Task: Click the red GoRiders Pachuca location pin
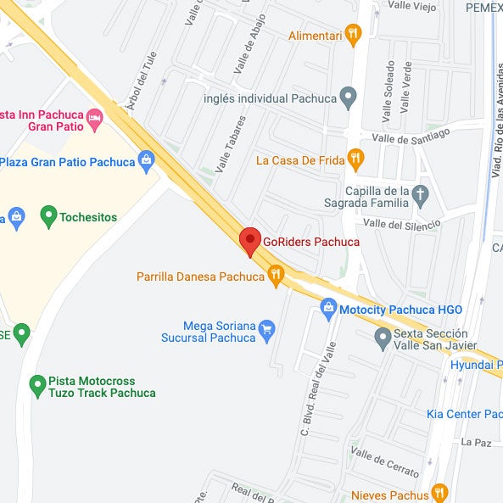(249, 240)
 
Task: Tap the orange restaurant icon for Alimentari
(354, 35)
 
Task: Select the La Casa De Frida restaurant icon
(356, 159)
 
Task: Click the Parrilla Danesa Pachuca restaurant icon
(275, 276)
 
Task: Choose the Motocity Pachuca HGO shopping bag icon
(328, 310)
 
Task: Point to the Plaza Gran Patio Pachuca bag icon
(147, 160)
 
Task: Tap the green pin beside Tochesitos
(48, 217)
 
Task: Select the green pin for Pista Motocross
(37, 386)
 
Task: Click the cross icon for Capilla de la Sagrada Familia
(420, 197)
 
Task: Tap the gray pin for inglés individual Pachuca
(348, 98)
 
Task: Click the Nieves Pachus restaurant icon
(439, 493)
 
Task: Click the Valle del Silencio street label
(401, 223)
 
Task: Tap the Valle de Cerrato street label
(385, 462)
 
